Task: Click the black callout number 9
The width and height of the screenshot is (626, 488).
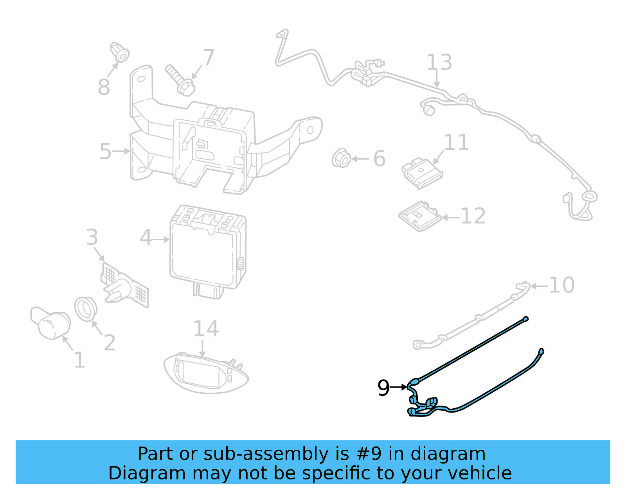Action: point(383,388)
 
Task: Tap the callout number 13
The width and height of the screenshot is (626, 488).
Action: point(439,63)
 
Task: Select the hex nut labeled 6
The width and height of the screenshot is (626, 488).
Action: point(341,158)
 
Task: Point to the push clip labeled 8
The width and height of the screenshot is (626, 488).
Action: point(119,52)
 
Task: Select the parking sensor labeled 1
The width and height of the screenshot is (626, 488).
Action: point(51,322)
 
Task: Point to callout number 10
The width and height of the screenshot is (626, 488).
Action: point(561,285)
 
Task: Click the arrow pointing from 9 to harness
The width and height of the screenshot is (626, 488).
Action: point(399,387)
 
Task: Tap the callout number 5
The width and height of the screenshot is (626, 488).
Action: point(105,151)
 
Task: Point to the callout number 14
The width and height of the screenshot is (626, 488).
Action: point(206,329)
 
